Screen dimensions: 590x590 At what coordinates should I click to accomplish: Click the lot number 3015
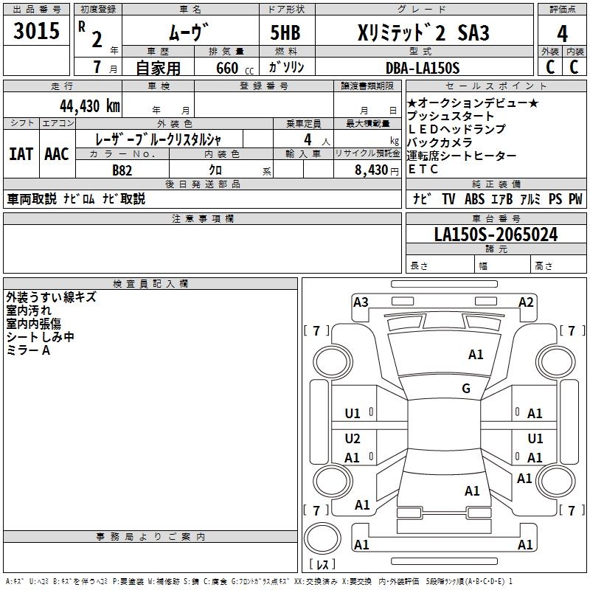point(37,32)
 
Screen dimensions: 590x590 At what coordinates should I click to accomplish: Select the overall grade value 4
point(562,33)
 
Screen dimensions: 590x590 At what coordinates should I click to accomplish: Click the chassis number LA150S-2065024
point(496,235)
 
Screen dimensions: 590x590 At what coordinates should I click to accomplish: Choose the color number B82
point(122,170)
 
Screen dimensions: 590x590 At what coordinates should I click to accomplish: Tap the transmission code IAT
point(22,154)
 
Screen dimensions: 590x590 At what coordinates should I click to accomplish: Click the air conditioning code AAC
point(57,154)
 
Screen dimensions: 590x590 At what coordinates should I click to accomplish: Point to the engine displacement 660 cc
point(227,68)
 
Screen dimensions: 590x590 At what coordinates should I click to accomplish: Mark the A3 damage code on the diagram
point(361,302)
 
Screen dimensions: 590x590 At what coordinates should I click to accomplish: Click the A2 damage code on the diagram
point(526,302)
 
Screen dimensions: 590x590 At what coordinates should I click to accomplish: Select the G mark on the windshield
point(466,389)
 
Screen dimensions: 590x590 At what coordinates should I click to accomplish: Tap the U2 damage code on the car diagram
point(353,439)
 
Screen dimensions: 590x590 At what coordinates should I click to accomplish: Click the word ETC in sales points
point(423,169)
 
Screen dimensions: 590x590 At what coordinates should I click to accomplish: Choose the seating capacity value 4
point(306,139)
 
